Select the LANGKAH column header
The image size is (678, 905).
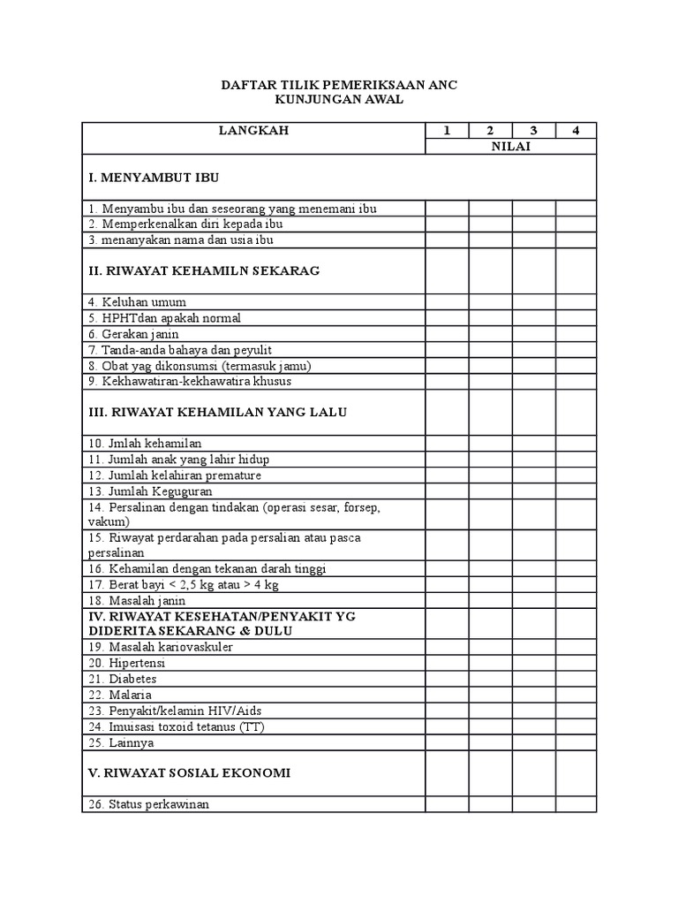pos(253,131)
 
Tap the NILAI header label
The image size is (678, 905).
pos(511,147)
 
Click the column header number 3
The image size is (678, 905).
pos(533,131)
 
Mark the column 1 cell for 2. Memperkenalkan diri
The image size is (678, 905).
pos(447,224)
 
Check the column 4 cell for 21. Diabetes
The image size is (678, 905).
pos(576,679)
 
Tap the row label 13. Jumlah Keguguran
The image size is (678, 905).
pos(149,491)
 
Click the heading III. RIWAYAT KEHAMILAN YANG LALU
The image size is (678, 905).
pos(218,413)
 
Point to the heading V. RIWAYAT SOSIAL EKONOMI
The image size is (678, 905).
pos(190,772)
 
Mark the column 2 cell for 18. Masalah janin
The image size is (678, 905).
pos(490,601)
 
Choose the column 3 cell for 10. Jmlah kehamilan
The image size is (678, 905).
pos(533,443)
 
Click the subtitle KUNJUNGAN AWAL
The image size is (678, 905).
pos(339,100)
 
